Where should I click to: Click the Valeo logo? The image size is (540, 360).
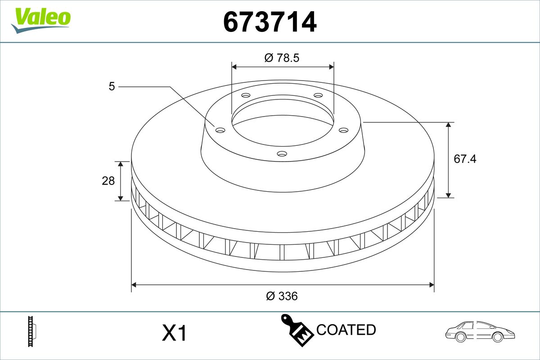pyautogui.click(x=41, y=21)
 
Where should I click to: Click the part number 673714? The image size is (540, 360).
pyautogui.click(x=270, y=22)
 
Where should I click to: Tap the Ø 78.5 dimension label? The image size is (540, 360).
pyautogui.click(x=282, y=58)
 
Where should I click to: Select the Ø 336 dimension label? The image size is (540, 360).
pyautogui.click(x=282, y=296)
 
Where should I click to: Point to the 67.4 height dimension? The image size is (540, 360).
pyautogui.click(x=465, y=159)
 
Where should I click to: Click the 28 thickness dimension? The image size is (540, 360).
pyautogui.click(x=108, y=181)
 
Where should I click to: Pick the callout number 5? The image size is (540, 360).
pyautogui.click(x=112, y=86)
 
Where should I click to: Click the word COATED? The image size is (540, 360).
pyautogui.click(x=346, y=329)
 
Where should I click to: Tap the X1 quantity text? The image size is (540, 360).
pyautogui.click(x=174, y=333)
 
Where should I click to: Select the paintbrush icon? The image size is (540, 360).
pyautogui.click(x=297, y=330)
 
